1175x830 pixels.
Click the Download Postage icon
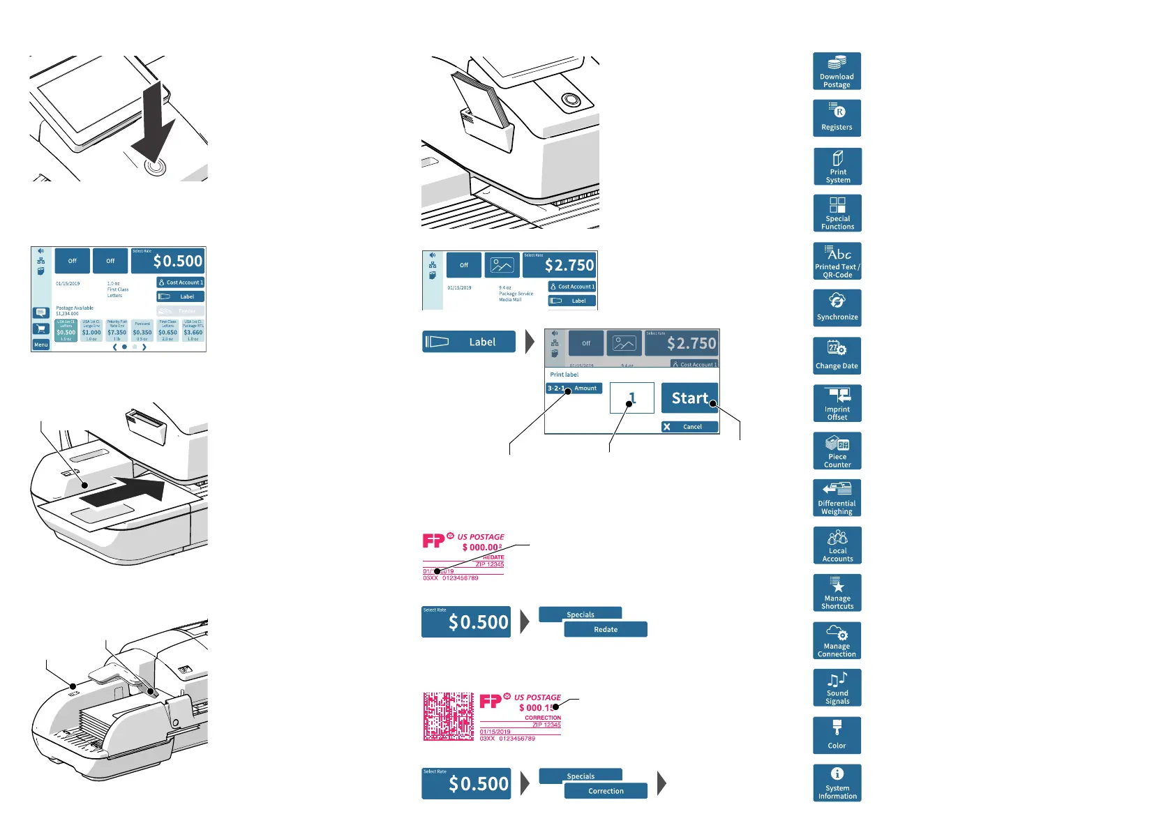(x=837, y=71)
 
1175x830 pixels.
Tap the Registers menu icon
(x=837, y=118)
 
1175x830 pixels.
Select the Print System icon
(x=837, y=166)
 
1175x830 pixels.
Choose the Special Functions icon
(x=837, y=213)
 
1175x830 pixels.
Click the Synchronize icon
(x=837, y=308)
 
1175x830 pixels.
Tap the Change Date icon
(x=837, y=356)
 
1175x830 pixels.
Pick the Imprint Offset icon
(x=837, y=403)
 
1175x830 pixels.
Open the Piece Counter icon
(x=837, y=451)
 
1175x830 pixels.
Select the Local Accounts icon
(x=837, y=545)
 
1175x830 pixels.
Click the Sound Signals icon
(x=837, y=688)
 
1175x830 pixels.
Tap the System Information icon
(x=837, y=783)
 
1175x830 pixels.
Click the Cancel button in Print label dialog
(x=689, y=427)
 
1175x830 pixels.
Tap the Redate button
(x=606, y=629)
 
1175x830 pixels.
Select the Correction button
(x=606, y=791)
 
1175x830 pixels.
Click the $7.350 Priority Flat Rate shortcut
(x=117, y=331)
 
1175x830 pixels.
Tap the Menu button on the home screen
(x=41, y=345)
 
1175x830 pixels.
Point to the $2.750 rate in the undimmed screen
(x=560, y=265)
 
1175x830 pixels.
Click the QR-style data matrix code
(x=449, y=716)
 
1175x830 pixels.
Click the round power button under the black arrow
(x=156, y=167)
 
